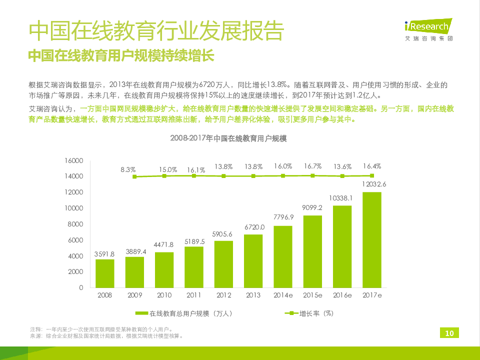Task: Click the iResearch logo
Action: point(428,29)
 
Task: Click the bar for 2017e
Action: point(371,239)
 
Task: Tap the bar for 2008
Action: point(105,273)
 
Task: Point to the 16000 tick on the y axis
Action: point(73,160)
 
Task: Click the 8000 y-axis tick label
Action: point(75,224)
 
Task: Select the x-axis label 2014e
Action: point(283,295)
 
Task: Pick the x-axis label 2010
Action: point(164,295)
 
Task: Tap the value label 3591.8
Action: point(105,253)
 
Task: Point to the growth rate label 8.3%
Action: point(128,170)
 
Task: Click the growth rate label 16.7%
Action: point(312,166)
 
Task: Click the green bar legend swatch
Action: point(142,313)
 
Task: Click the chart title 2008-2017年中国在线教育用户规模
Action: point(228,138)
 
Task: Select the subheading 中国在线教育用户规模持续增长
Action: point(121,55)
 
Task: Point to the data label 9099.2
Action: point(312,207)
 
